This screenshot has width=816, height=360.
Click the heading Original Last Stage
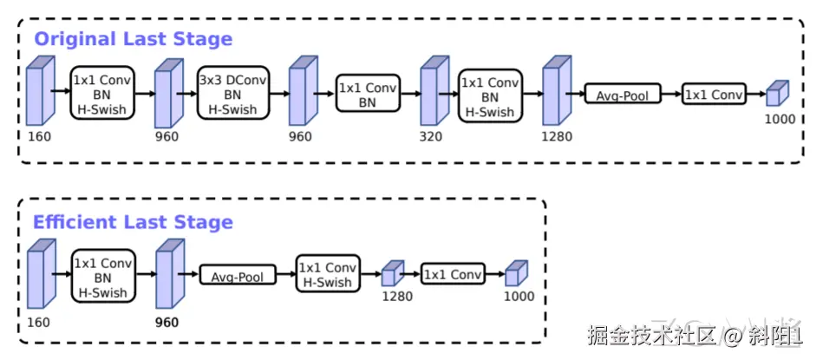[x=133, y=39]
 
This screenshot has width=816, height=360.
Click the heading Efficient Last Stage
[x=133, y=222]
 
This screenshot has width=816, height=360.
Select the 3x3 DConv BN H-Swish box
[x=233, y=95]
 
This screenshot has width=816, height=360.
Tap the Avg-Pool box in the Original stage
[x=623, y=94]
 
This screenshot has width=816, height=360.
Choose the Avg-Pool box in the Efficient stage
[x=238, y=276]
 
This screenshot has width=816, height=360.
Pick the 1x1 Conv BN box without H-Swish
[x=369, y=95]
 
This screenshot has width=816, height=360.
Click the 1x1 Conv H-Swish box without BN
[x=327, y=275]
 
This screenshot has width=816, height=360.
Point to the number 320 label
[x=430, y=136]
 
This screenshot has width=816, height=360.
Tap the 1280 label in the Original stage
[x=555, y=136]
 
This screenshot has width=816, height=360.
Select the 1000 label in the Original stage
[x=780, y=119]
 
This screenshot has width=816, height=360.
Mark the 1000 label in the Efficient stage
[x=519, y=297]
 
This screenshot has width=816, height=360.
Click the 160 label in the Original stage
[x=39, y=136]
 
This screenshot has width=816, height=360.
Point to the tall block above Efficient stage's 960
[x=166, y=276]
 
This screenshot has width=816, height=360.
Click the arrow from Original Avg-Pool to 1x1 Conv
[x=671, y=94]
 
